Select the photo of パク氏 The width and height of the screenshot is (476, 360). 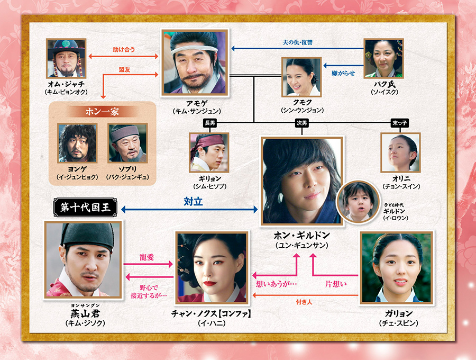point(383,58)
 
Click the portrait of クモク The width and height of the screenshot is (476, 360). point(301,77)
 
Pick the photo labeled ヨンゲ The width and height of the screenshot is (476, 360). point(77,143)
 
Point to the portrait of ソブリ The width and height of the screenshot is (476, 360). point(127,143)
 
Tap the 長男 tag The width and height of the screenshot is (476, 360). point(209,123)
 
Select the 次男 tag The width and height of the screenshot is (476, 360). point(301,123)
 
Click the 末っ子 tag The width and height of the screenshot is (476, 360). point(400,123)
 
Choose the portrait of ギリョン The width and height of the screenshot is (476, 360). point(209,152)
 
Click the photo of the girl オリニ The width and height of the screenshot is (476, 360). point(400,152)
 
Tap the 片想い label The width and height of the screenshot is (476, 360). point(335,284)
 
